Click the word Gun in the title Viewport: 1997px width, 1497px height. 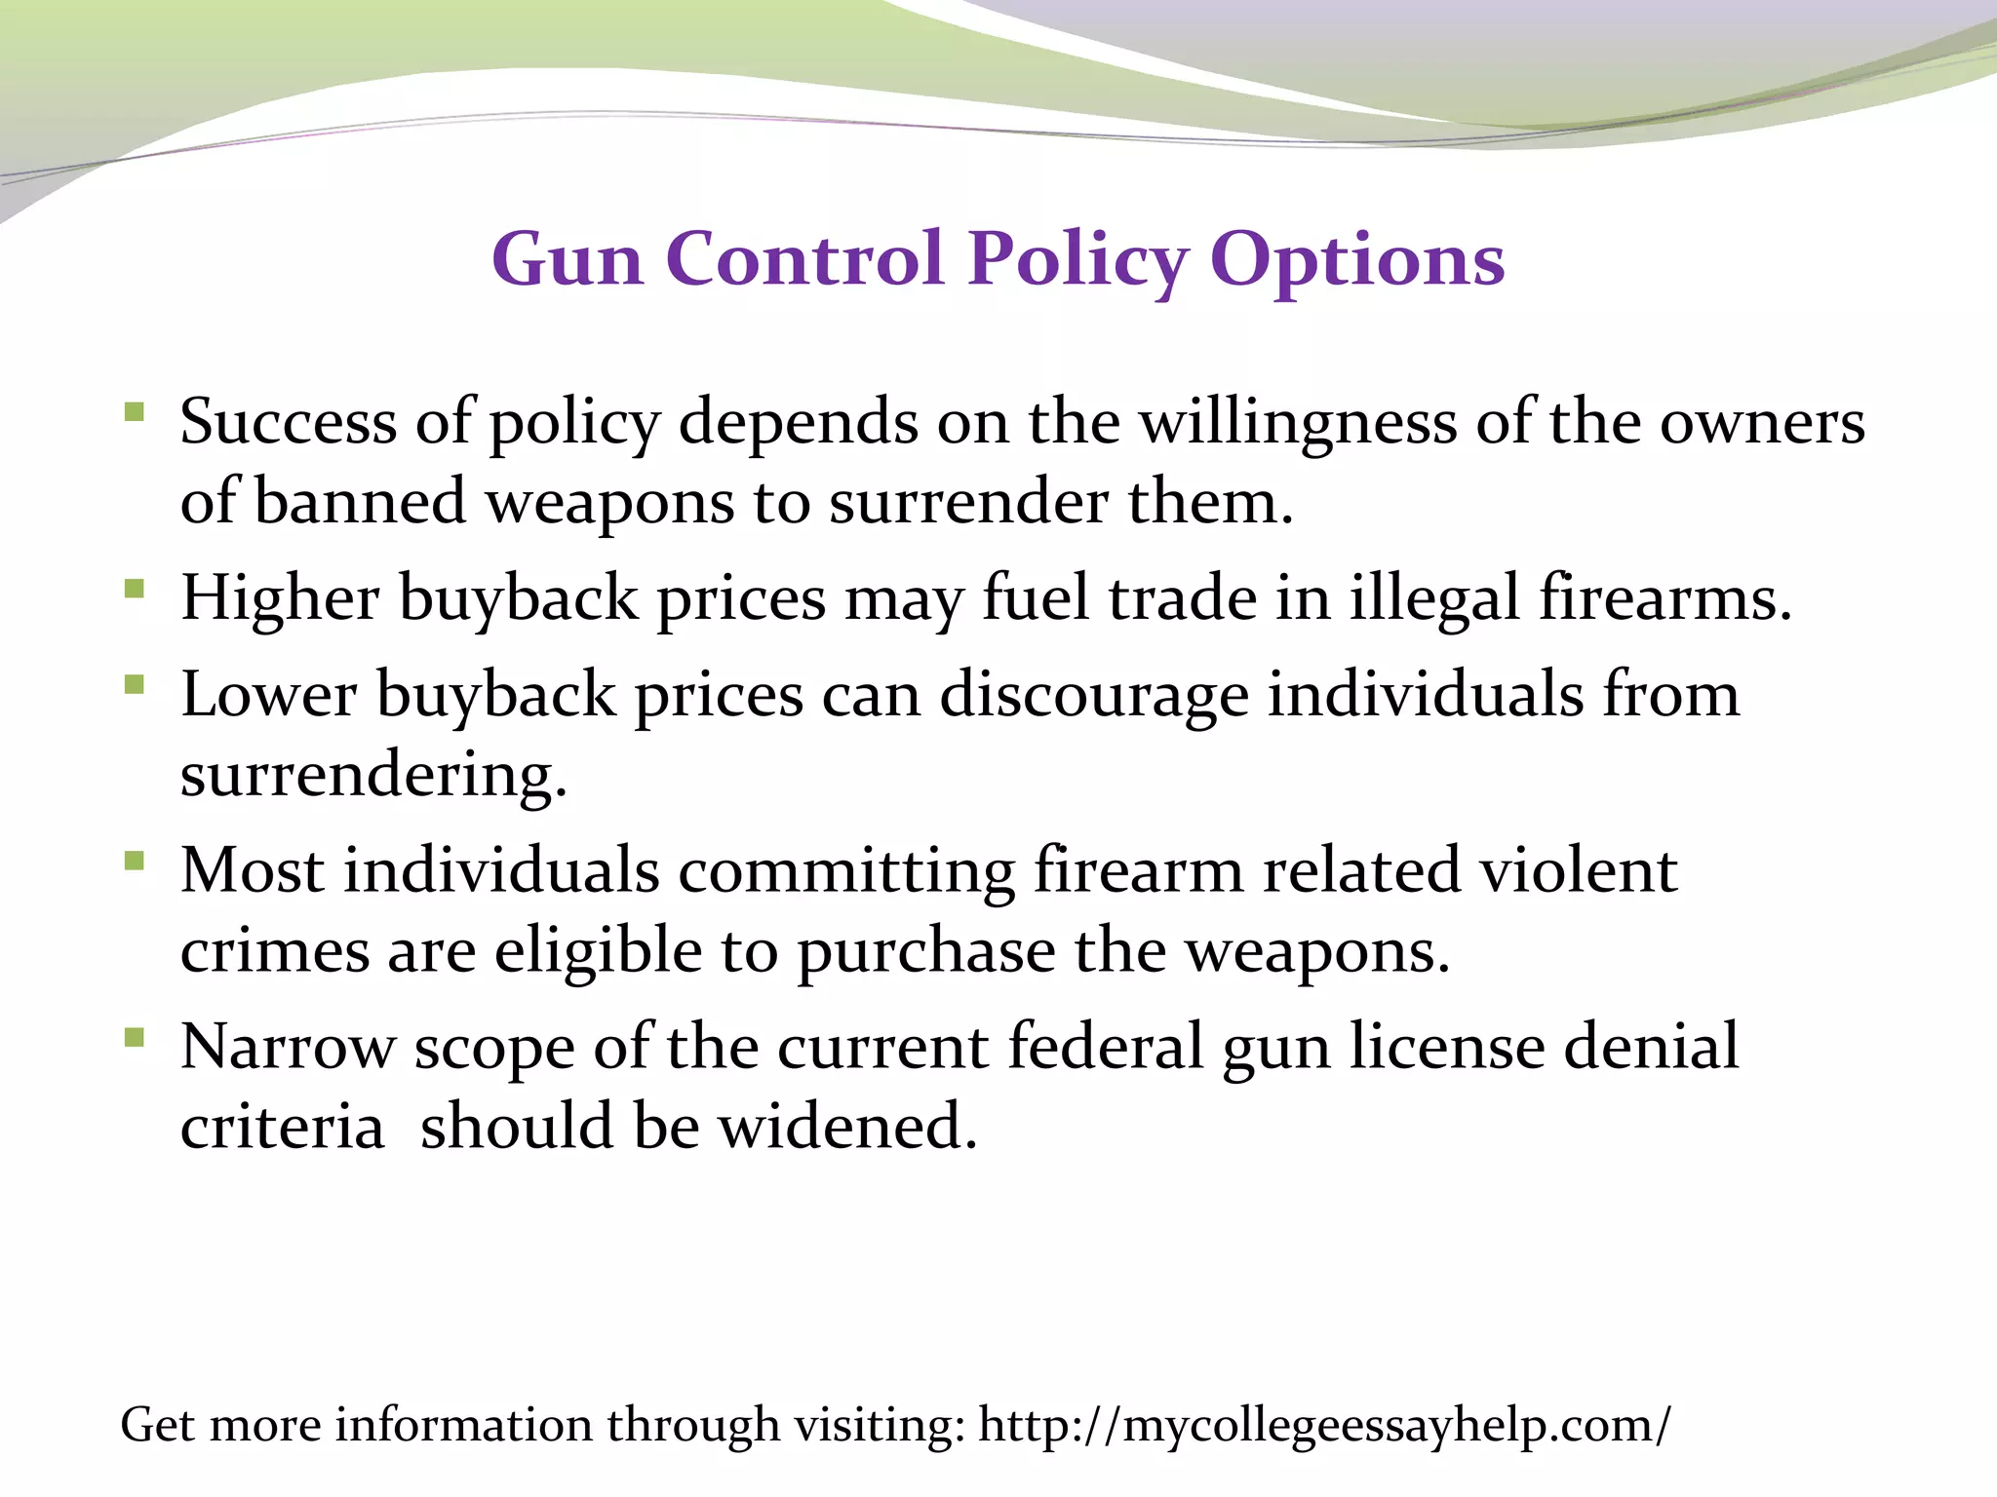point(568,261)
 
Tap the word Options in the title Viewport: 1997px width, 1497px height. point(1357,261)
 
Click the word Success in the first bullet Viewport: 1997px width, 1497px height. point(289,423)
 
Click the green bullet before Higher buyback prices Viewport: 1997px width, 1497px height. point(135,589)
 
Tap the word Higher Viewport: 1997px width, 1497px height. point(280,597)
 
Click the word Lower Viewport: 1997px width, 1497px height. point(269,695)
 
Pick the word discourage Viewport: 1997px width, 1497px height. point(1094,695)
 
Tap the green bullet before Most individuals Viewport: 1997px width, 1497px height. point(135,862)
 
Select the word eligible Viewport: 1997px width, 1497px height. point(598,950)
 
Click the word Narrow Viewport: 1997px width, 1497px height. point(287,1047)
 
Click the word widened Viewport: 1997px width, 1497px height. point(847,1127)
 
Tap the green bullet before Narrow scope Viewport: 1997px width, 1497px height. point(135,1038)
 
